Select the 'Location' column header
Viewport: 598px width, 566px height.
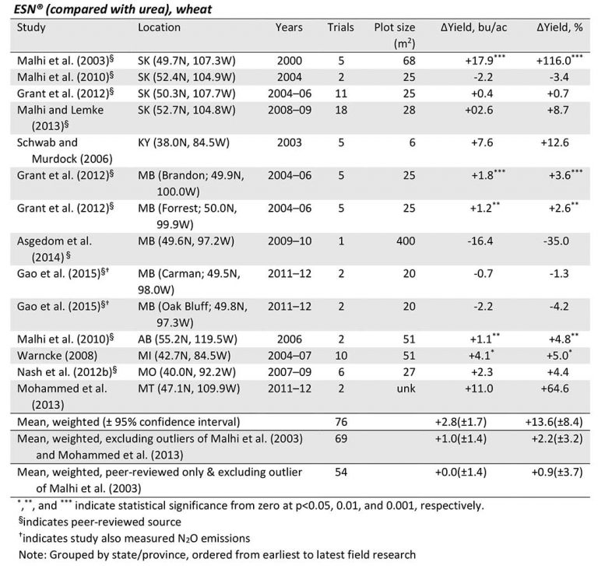click(x=159, y=28)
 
